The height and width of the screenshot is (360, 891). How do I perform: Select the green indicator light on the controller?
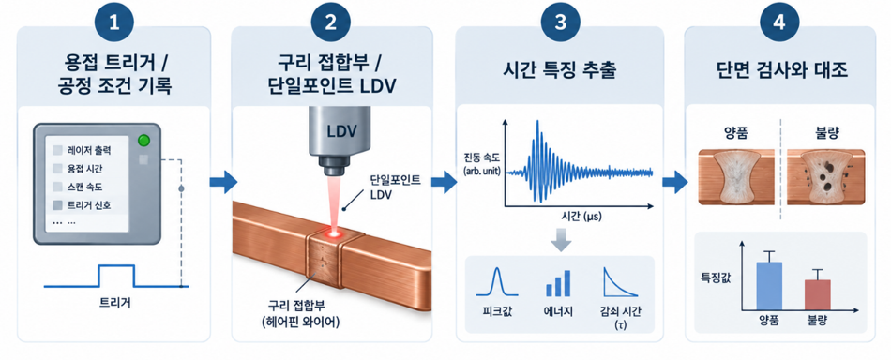[x=144, y=141]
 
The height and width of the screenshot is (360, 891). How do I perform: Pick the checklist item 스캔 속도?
[x=82, y=187]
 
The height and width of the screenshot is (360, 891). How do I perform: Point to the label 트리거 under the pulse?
[x=114, y=303]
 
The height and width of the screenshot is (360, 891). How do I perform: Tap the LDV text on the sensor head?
[x=341, y=131]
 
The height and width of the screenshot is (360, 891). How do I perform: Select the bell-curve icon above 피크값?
[x=497, y=281]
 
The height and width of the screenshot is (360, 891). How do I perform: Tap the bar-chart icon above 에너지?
[x=558, y=283]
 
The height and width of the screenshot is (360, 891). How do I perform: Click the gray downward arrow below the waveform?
[x=561, y=240]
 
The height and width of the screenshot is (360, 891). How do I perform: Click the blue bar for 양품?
[x=769, y=286]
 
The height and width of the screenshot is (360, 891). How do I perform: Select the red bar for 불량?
[x=817, y=295]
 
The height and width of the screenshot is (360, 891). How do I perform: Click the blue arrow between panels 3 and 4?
[x=674, y=182]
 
